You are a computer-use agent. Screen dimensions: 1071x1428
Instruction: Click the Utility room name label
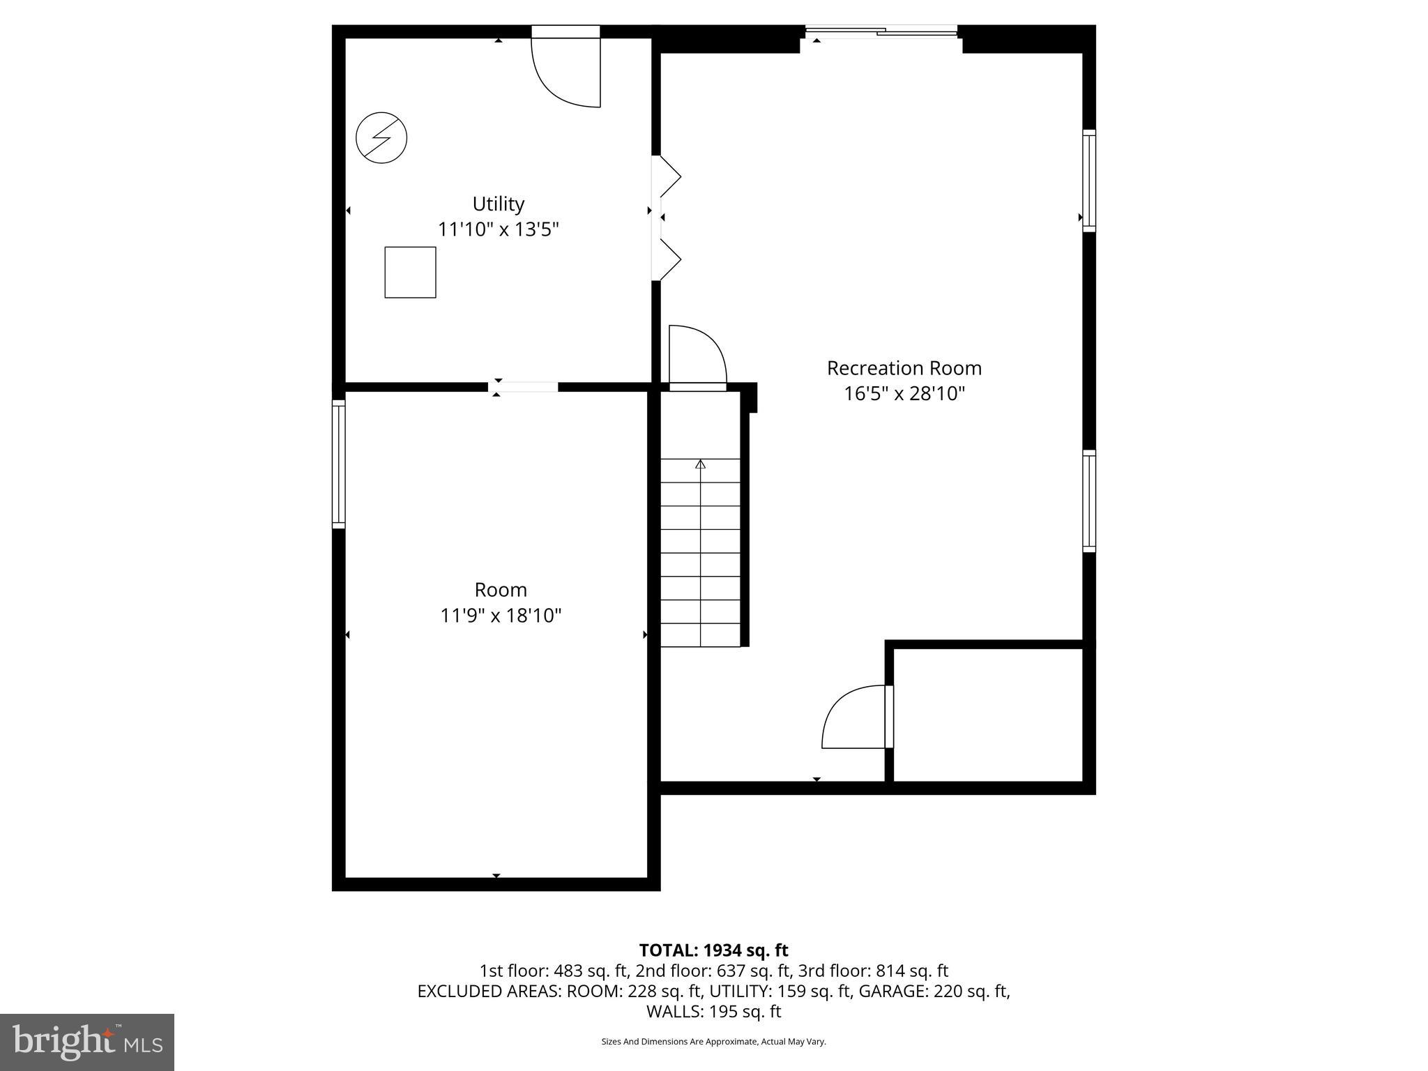498,204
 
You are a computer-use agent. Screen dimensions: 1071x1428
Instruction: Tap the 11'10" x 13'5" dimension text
498,229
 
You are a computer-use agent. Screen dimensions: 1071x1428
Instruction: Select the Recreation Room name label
904,368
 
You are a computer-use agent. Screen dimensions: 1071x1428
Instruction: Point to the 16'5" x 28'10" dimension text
904,394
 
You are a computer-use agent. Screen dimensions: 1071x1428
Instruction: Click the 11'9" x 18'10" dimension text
501,616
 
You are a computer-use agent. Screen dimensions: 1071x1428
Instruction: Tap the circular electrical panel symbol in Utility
381,137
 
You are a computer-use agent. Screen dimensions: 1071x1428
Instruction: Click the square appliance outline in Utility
410,272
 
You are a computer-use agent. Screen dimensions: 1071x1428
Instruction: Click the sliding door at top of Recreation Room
881,31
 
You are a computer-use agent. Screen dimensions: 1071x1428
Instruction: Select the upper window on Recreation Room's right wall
1088,180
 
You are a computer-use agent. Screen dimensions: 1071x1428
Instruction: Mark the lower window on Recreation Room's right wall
1088,501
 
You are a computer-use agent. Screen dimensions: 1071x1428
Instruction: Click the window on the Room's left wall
338,464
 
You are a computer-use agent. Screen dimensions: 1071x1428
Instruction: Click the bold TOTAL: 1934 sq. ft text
713,950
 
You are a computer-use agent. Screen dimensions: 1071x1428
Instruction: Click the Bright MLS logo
87,1042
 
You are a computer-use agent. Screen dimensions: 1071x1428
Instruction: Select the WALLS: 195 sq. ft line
713,1012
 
